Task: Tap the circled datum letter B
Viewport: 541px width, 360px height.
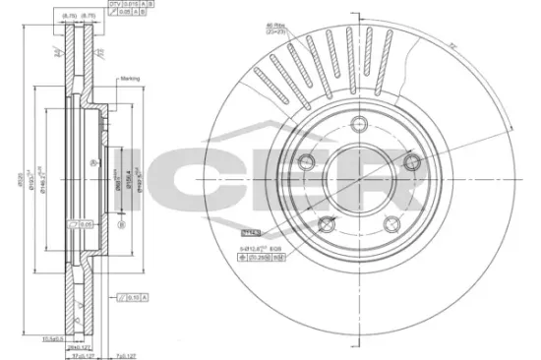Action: [120, 223]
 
